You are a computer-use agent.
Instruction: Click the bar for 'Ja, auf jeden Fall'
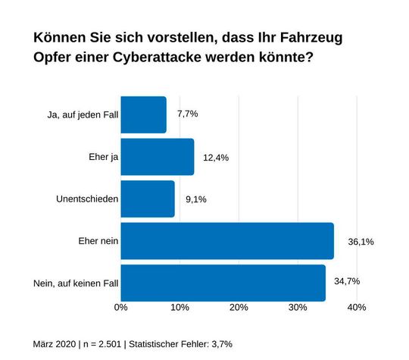pos(143,115)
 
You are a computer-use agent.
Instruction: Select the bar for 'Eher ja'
pos(157,157)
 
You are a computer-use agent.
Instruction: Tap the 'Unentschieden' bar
pos(148,199)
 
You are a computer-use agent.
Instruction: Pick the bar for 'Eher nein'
pos(227,241)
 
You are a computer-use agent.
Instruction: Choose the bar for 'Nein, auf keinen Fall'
pos(223,283)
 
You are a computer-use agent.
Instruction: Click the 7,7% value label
pos(187,114)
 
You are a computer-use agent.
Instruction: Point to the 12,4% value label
pos(216,158)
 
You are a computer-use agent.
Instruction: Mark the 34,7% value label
pos(346,281)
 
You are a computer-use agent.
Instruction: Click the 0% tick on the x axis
pos(120,308)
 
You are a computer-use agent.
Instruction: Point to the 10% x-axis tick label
pos(180,308)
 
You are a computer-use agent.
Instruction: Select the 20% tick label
pos(239,308)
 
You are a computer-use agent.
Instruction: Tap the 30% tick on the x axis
pos(298,308)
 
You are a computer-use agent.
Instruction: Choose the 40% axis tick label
pos(357,308)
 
